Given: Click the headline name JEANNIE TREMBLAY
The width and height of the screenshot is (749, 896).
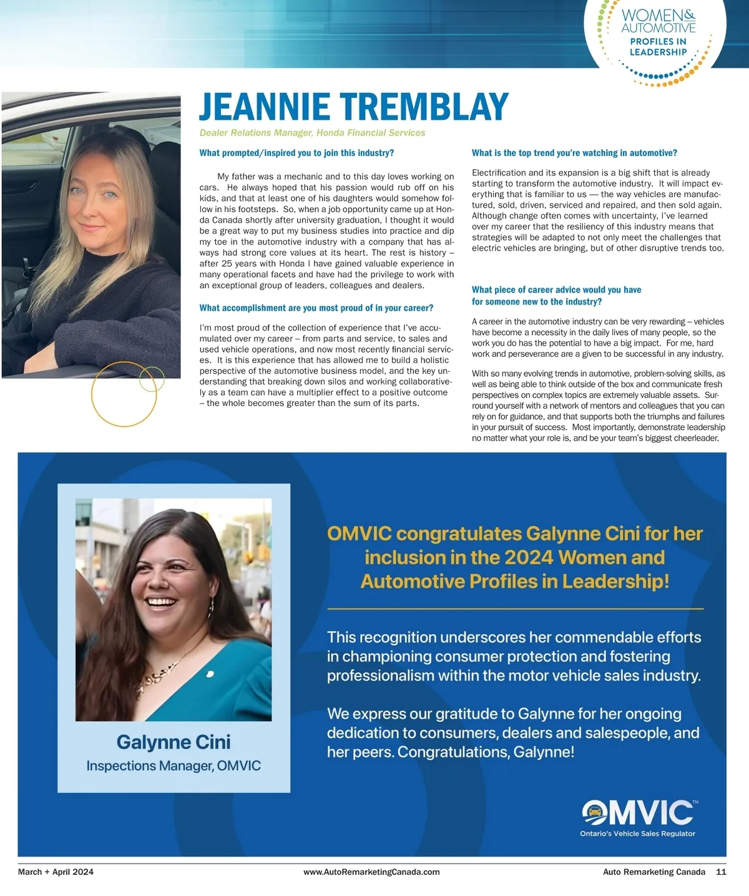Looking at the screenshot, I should [354, 107].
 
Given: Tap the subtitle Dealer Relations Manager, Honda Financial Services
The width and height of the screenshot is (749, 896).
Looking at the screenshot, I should [312, 133].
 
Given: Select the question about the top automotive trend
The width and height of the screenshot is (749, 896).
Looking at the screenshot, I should [574, 153].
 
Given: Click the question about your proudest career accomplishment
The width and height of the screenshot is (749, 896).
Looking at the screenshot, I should [316, 308].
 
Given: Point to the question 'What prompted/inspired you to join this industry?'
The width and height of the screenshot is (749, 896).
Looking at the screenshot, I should [296, 153].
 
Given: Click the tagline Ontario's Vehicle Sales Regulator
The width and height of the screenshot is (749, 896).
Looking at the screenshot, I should [637, 834].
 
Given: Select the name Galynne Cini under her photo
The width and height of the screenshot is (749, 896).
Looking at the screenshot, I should [174, 742].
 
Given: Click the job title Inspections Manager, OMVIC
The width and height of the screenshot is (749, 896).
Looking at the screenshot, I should [174, 766].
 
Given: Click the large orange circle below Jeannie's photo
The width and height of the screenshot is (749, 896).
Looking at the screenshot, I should [124, 394].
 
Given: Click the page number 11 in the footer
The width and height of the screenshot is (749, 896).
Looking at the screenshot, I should [721, 872].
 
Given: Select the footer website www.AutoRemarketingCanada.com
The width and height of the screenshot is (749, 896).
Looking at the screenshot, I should [371, 872].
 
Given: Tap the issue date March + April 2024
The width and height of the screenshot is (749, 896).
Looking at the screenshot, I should [56, 872].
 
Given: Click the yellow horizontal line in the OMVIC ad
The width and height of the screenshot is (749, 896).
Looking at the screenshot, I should [515, 608].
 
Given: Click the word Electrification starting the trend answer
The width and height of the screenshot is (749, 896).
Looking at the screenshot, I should [499, 173].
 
